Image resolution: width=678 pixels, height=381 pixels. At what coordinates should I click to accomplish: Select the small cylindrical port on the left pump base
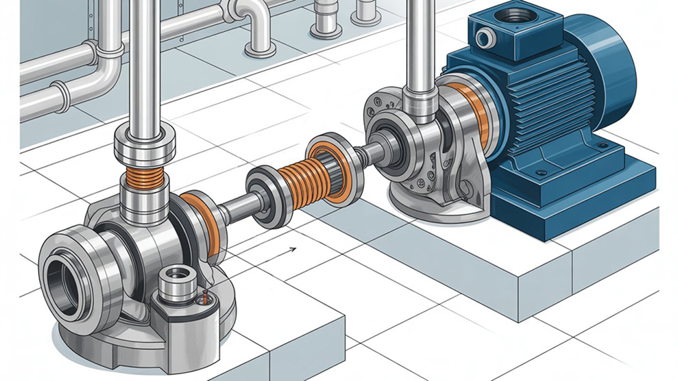[177, 278]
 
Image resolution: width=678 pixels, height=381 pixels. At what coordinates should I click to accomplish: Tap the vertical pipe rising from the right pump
[420, 47]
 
